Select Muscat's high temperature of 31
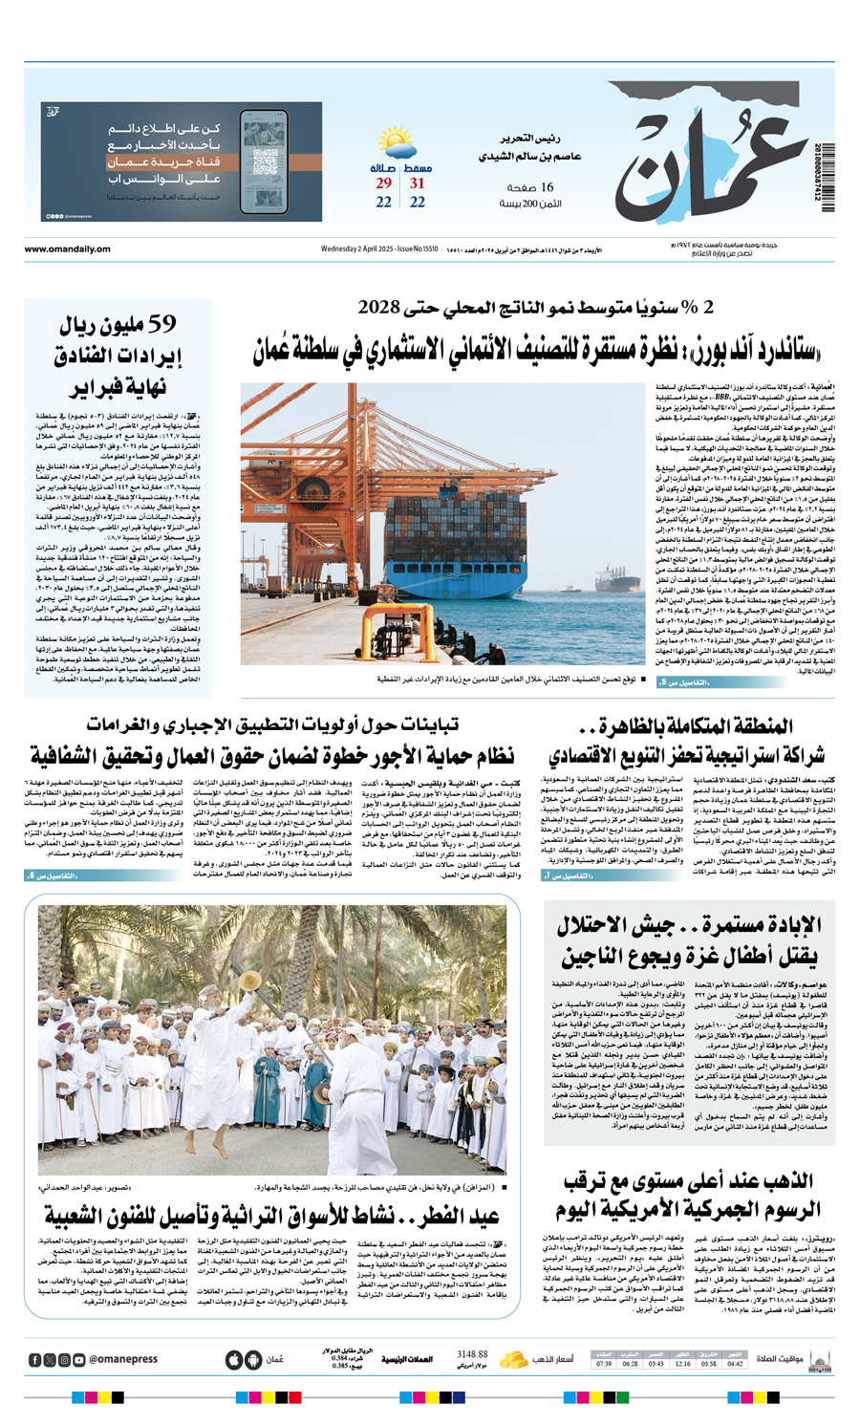[x=418, y=184]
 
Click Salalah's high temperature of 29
[x=383, y=184]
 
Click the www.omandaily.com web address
[x=68, y=249]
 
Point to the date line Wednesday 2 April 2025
[x=378, y=249]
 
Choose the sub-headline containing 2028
[x=535, y=308]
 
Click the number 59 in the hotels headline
[x=159, y=325]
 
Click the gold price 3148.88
[x=472, y=1354]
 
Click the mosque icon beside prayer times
[x=819, y=1359]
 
